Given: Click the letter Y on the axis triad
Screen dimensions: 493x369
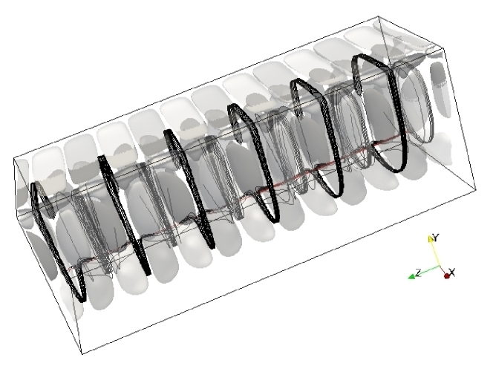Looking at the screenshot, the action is pyautogui.click(x=436, y=238).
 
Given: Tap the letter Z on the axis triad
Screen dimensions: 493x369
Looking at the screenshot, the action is pyautogui.click(x=419, y=272).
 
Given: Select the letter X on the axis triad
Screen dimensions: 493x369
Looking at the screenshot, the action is pyautogui.click(x=452, y=272).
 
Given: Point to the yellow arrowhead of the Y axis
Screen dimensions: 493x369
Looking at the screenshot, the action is pyautogui.click(x=431, y=238).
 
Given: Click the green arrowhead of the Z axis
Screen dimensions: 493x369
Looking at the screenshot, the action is pyautogui.click(x=411, y=276).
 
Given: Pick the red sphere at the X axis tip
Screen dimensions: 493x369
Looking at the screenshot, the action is pyautogui.click(x=447, y=276).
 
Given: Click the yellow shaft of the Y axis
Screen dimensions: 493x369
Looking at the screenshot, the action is pyautogui.click(x=436, y=254).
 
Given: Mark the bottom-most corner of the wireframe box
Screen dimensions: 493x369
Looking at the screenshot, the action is pyautogui.click(x=82, y=354).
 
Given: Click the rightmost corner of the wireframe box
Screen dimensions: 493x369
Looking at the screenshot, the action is pyautogui.click(x=476, y=189).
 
